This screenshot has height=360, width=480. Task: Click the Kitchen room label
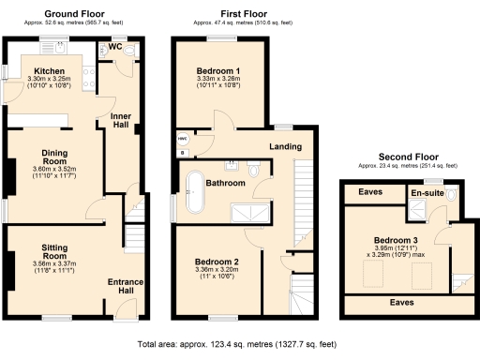tap(49, 71)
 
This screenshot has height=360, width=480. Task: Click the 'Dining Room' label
tap(53, 154)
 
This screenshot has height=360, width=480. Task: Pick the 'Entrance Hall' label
tap(124, 285)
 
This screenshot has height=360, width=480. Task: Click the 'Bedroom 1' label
tap(217, 71)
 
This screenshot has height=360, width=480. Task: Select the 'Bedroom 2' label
tap(217, 262)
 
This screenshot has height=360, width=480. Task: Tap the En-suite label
tap(428, 194)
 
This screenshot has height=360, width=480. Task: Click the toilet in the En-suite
tap(452, 194)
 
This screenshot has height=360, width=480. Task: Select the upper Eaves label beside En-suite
tap(372, 194)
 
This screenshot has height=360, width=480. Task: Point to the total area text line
tap(240, 346)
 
